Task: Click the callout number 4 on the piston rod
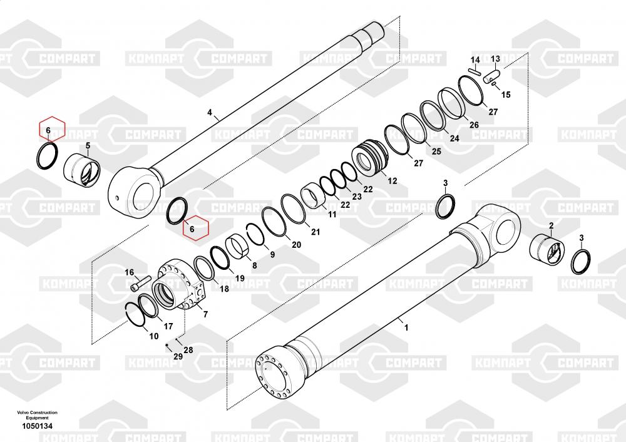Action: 210,113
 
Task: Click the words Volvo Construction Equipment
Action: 36,414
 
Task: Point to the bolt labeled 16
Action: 141,284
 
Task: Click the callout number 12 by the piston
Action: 393,181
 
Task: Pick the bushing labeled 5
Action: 84,170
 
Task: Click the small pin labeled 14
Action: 475,69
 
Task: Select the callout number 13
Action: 495,59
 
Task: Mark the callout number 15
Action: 506,95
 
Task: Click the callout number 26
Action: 474,125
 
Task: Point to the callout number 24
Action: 454,138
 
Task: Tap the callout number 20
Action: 296,244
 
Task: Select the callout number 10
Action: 153,336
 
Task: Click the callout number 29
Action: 178,356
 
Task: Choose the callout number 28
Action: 188,349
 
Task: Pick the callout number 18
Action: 223,289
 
